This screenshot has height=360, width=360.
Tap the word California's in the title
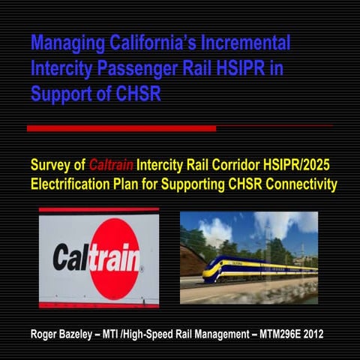point(154,43)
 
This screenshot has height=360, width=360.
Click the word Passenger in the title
point(151,70)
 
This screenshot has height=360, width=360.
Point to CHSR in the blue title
point(139,95)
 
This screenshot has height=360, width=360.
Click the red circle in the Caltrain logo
point(114,258)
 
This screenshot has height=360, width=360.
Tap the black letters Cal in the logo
point(72,259)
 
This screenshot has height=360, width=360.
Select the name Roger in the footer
point(47,334)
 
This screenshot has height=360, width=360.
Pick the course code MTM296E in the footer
point(276,334)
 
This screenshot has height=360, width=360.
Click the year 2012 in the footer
point(313,334)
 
